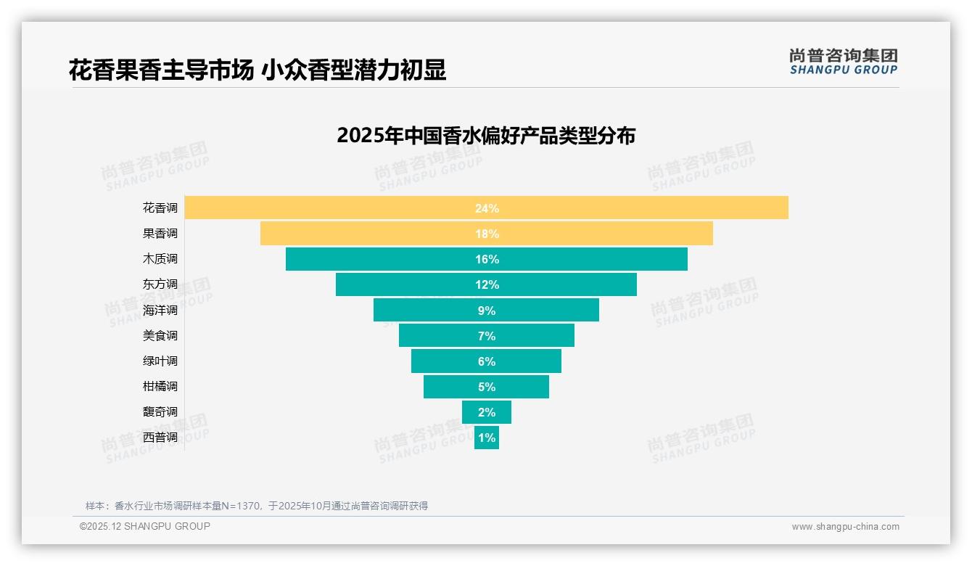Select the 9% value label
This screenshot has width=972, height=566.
[x=487, y=311]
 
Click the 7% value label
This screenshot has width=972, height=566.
[x=487, y=336]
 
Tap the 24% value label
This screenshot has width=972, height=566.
[x=487, y=208]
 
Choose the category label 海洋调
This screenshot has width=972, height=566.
[x=160, y=310]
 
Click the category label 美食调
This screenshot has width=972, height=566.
[x=160, y=335]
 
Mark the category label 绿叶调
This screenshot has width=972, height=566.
[x=160, y=361]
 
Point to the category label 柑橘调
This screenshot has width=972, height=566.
[x=160, y=386]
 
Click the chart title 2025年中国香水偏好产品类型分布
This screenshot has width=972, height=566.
[x=486, y=136]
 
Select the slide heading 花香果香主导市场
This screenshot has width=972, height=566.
[x=160, y=70]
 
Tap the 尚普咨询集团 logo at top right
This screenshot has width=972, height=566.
[x=844, y=62]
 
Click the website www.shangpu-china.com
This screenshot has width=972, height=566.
[x=845, y=527]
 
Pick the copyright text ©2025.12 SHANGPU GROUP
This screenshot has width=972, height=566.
[x=145, y=526]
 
